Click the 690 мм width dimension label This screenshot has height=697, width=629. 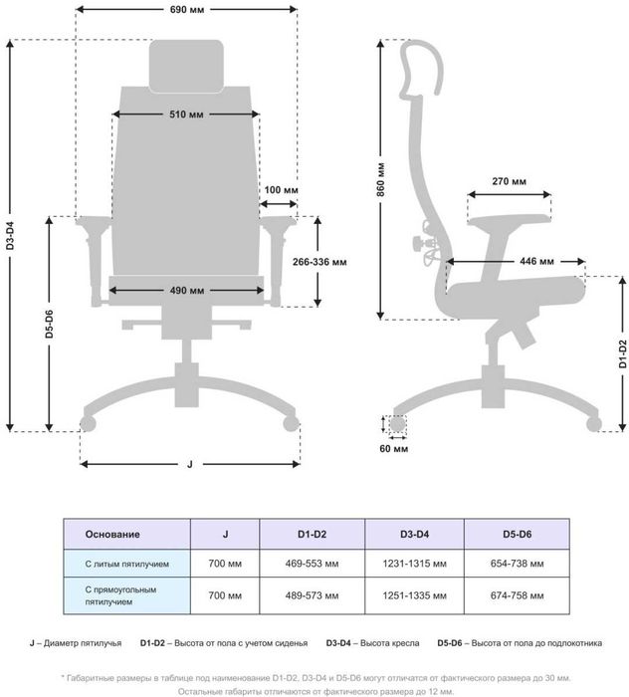point(187,9)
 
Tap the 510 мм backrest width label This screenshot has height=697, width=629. point(186,115)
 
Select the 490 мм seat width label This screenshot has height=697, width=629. point(187,291)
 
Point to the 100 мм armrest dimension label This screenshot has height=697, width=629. point(282,190)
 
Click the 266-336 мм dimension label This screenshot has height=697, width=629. point(319,262)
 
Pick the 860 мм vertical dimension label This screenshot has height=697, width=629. point(381,179)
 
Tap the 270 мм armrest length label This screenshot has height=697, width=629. point(509,181)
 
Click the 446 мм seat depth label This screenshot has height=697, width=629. point(536,261)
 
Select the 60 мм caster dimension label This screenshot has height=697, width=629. point(393,449)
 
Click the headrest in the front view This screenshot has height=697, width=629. point(186,67)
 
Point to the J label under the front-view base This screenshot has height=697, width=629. point(190,465)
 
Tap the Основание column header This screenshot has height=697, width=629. point(112,535)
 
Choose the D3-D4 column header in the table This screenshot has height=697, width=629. point(414,535)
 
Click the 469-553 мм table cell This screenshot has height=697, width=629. point(312,564)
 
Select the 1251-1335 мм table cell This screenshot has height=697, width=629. point(414,595)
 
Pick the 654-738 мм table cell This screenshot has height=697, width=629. point(518,564)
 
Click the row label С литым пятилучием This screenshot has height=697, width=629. point(127,565)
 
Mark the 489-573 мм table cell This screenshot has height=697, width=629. point(312,595)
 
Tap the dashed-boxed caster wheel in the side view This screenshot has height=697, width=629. point(397,423)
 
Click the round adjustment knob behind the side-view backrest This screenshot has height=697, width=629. point(417,243)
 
